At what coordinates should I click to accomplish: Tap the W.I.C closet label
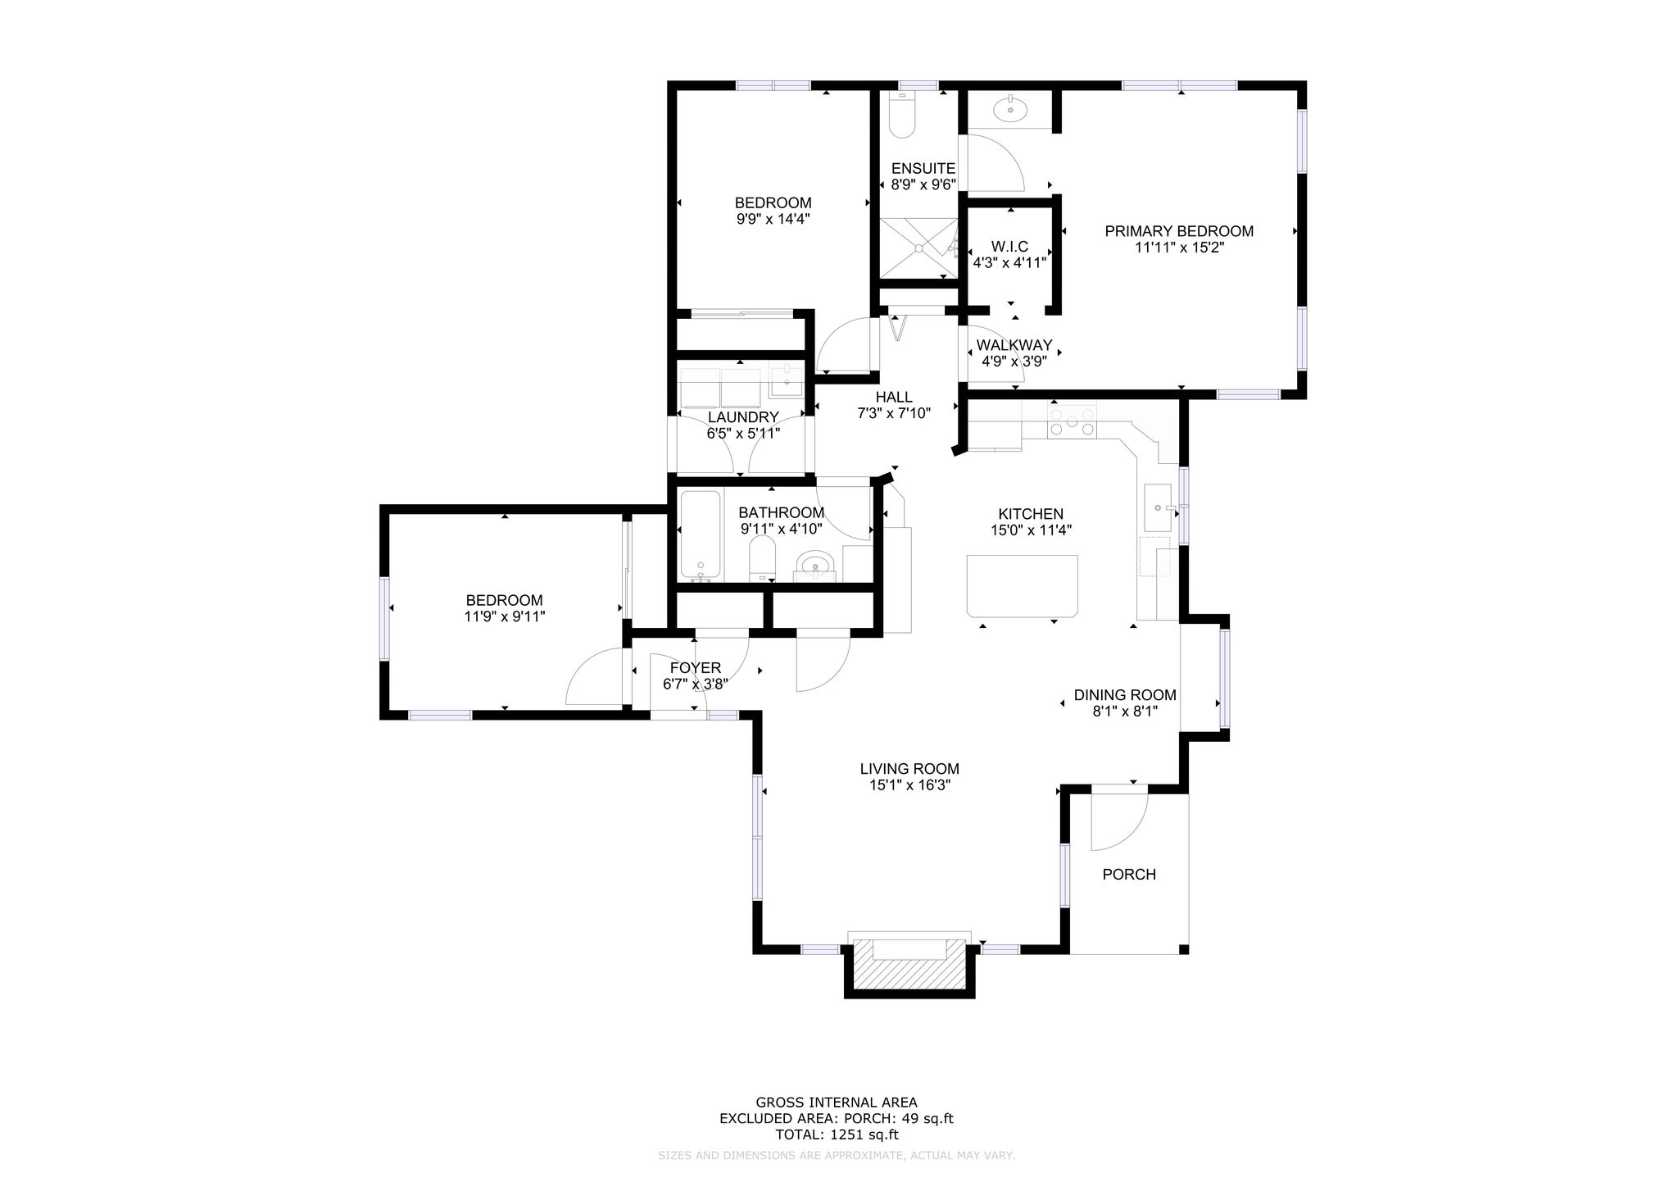pos(1009,247)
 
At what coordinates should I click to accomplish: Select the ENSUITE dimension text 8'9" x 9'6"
pos(923,184)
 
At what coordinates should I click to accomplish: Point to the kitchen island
pos(1023,585)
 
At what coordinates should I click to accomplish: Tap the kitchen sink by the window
pos(1159,508)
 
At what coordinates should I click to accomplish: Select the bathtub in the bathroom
pos(701,536)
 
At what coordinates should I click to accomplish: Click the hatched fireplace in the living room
pos(910,972)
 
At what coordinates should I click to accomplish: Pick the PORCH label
pos(1129,875)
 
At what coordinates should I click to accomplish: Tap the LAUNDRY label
pos(743,417)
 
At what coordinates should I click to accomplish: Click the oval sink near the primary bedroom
pos(1010,108)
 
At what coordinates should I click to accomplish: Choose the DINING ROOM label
pos(1125,695)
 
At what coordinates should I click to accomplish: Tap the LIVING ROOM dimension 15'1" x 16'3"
pos(909,785)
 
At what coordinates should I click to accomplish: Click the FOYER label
pos(696,668)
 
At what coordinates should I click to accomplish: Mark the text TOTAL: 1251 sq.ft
pos(837,1135)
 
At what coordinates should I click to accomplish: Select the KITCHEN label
pos(1031,514)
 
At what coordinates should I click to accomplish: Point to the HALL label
pos(894,398)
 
